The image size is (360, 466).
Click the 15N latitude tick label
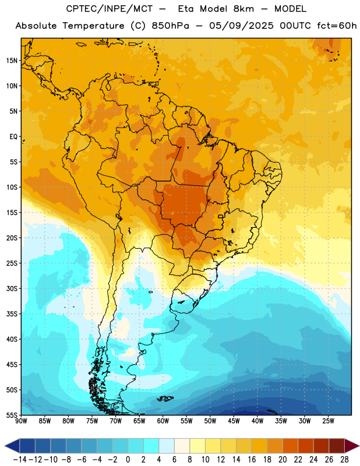(12, 61)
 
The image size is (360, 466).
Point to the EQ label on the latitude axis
(13, 137)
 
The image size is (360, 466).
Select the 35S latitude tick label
(12, 314)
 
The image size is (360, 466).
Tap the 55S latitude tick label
(12, 415)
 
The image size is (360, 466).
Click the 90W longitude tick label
(21, 421)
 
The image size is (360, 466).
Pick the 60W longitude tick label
(163, 421)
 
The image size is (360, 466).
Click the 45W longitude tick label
(234, 421)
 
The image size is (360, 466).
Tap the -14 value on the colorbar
(20, 460)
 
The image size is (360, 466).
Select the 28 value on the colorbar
(344, 460)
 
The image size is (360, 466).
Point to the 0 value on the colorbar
(128, 460)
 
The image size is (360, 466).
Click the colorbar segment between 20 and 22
(291, 446)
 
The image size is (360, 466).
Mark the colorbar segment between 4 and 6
(167, 446)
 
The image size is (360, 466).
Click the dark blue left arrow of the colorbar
(12, 446)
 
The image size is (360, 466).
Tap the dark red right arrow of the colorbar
(352, 446)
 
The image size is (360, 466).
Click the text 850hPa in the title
(170, 26)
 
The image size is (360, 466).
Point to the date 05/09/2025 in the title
(241, 26)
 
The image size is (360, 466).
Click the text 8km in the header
(243, 9)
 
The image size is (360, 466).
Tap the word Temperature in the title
(93, 26)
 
